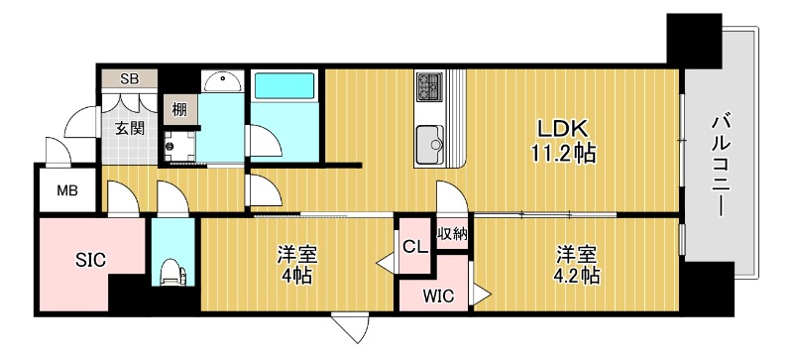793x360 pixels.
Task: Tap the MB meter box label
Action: tap(67, 190)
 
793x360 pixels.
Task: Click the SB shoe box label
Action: tap(130, 79)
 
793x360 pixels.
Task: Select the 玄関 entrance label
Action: tap(129, 128)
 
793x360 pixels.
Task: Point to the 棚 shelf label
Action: tap(179, 109)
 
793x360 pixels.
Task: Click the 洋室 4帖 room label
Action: tap(295, 264)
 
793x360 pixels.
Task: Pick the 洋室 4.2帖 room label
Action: tap(577, 264)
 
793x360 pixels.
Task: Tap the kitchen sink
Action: tap(432, 143)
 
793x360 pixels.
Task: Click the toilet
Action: tap(172, 271)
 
